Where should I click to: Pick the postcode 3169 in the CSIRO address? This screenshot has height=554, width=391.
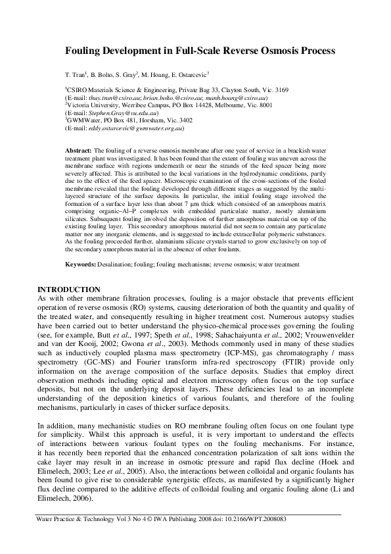[275, 89]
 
